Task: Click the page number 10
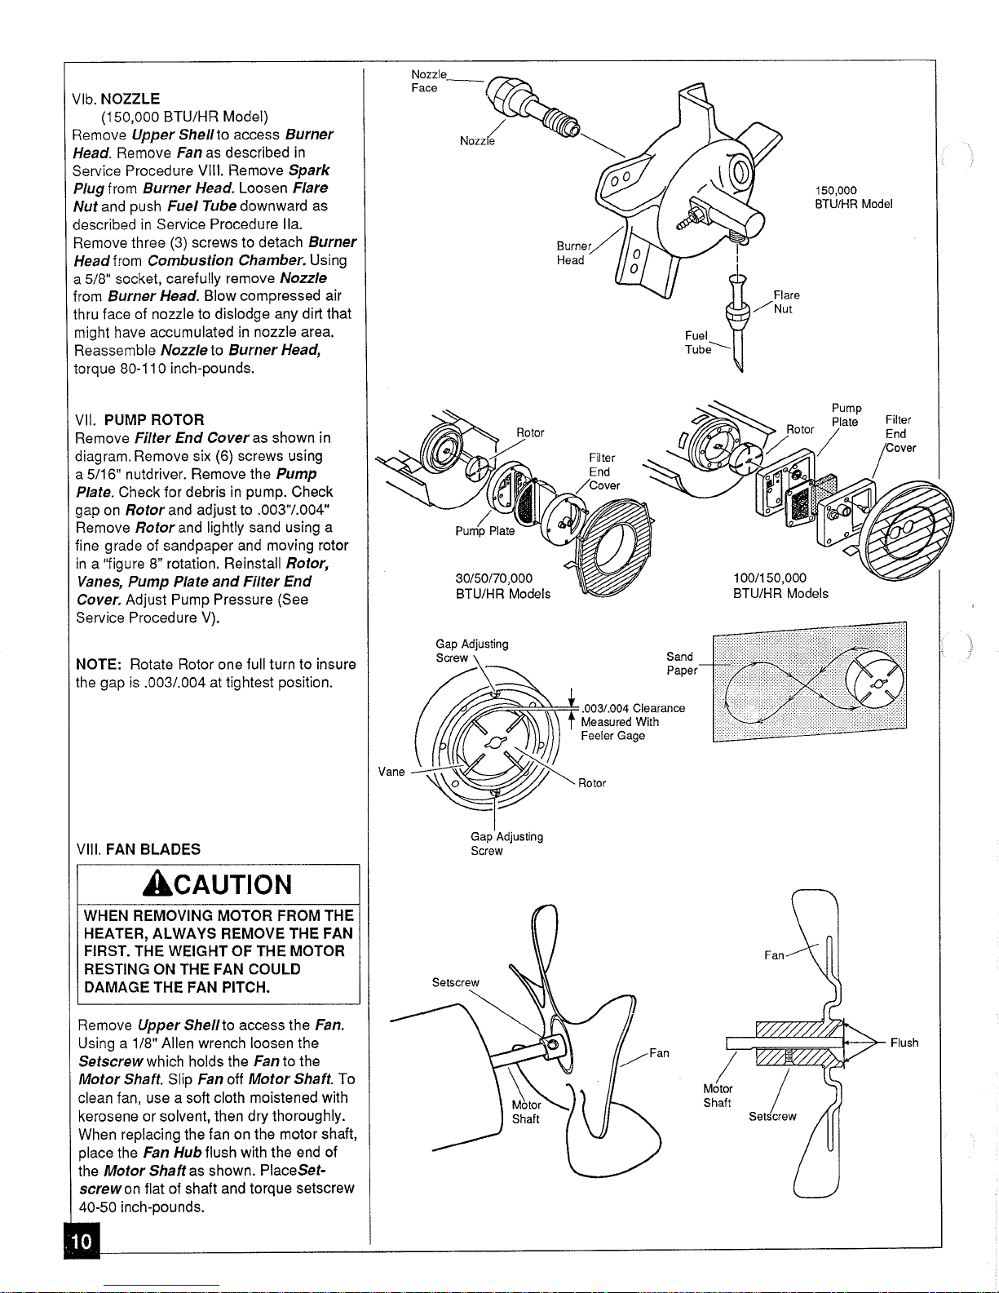[82, 1242]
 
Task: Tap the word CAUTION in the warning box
[232, 885]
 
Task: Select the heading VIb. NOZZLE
[116, 99]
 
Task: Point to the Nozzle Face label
[429, 81]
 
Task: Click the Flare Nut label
[786, 302]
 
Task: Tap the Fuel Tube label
[697, 343]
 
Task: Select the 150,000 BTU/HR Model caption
[853, 197]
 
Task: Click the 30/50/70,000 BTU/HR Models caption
[502, 586]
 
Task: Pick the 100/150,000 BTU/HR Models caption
[780, 586]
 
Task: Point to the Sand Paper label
[681, 663]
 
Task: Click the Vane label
[391, 772]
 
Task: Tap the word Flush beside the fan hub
[904, 1043]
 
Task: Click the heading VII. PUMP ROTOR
[139, 419]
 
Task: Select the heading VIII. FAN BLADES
[139, 849]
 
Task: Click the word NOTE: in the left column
[99, 664]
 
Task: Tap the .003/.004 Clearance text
[634, 708]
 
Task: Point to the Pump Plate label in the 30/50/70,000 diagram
[484, 531]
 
